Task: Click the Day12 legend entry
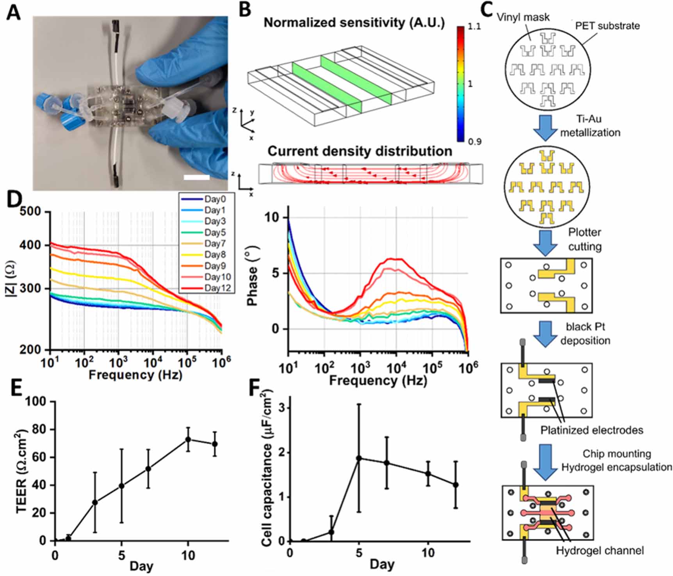(217, 288)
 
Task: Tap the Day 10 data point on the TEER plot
(188, 439)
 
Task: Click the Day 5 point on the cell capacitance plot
(359, 458)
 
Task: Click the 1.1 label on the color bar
(475, 27)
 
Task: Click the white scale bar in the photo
(197, 178)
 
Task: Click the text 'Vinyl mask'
(523, 17)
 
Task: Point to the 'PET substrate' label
(607, 26)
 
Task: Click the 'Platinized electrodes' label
(591, 430)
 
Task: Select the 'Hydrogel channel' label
(600, 551)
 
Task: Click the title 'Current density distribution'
(360, 151)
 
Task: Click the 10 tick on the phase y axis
(272, 217)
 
